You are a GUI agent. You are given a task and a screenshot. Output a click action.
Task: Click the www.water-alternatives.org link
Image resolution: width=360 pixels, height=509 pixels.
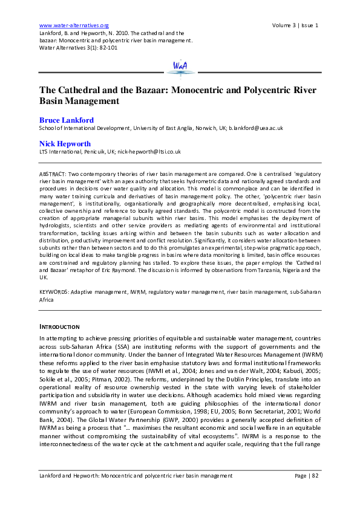(73, 25)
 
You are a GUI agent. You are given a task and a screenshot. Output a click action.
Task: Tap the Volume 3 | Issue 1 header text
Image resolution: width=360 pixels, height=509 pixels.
(296, 25)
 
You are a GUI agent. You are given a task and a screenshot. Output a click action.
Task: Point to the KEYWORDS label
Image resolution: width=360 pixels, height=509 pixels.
(53, 291)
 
